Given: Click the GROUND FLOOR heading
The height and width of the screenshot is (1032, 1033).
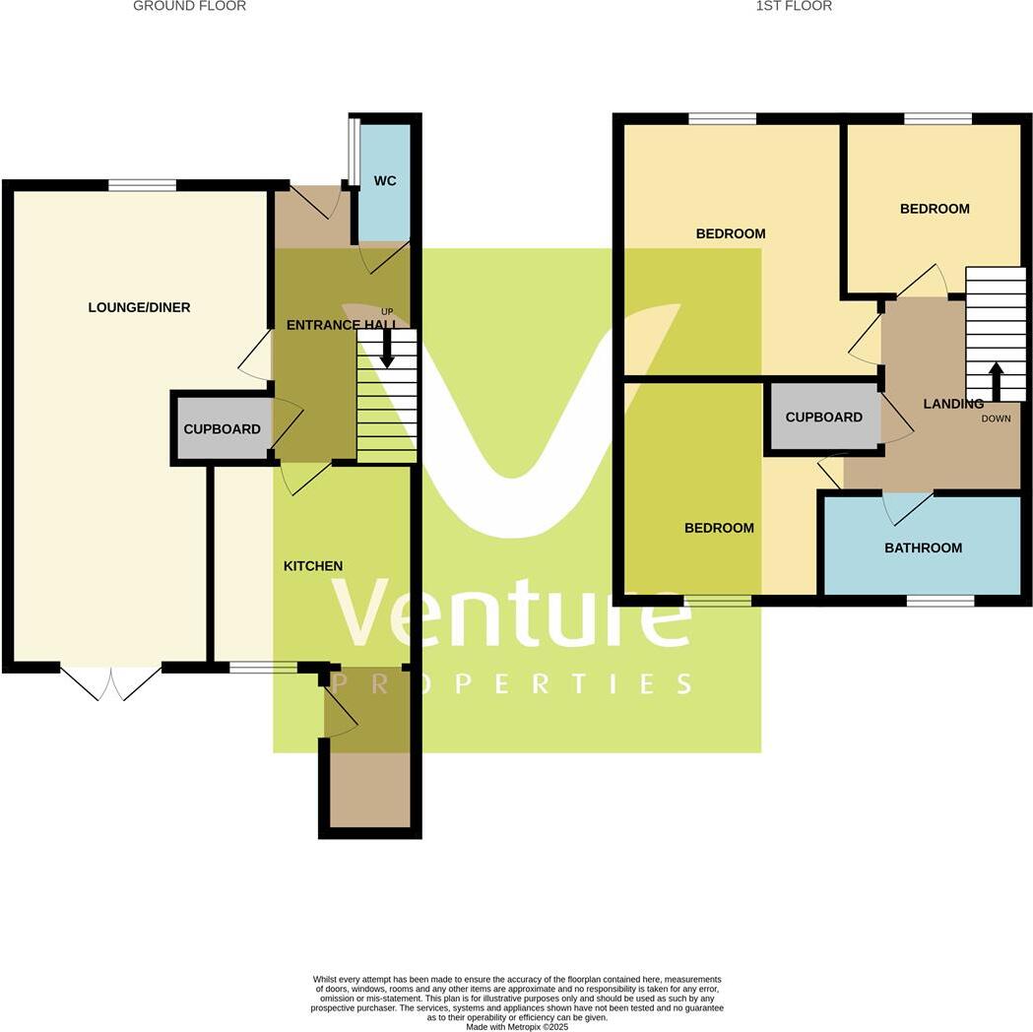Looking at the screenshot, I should pyautogui.click(x=189, y=6).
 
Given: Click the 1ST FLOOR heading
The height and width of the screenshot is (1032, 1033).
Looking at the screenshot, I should pyautogui.click(x=794, y=6).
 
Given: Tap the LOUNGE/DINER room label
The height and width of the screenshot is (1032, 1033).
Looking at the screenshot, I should pyautogui.click(x=139, y=307).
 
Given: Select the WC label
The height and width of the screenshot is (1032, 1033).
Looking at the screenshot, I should pyautogui.click(x=384, y=182).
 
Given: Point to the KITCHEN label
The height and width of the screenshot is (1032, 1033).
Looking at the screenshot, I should pyautogui.click(x=313, y=566).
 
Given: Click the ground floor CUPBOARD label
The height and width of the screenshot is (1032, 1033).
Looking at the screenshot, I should pyautogui.click(x=222, y=429).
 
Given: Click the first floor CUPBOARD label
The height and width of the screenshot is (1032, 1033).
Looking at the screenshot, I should pyautogui.click(x=823, y=417).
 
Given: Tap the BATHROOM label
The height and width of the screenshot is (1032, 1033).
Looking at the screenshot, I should pyautogui.click(x=923, y=548).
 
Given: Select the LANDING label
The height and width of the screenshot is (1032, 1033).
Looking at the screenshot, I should pyautogui.click(x=952, y=404).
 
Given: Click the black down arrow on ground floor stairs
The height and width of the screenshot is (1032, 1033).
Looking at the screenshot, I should pyautogui.click(x=387, y=350).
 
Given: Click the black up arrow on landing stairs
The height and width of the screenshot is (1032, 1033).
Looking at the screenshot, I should pyautogui.click(x=996, y=381).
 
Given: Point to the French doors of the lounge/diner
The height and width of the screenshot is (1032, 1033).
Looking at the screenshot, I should pyautogui.click(x=111, y=681).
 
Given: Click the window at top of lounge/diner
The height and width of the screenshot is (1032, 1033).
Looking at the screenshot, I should pyautogui.click(x=142, y=185).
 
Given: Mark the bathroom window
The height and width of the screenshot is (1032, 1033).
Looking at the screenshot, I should pyautogui.click(x=940, y=600).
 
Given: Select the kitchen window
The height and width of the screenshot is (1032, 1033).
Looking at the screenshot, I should pyautogui.click(x=263, y=668).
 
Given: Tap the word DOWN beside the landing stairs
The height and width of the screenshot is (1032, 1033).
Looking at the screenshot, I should pyautogui.click(x=996, y=419).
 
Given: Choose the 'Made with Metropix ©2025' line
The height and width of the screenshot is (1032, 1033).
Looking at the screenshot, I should pyautogui.click(x=517, y=1027).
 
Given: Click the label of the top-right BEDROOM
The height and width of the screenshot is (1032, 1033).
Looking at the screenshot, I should pyautogui.click(x=934, y=209).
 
